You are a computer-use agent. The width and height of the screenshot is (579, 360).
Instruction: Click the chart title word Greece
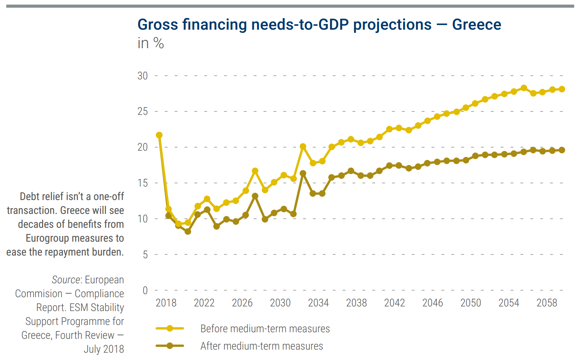[476, 25]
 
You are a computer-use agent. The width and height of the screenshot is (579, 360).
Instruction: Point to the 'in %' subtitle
[150, 43]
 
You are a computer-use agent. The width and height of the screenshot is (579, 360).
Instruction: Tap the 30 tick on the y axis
[143, 76]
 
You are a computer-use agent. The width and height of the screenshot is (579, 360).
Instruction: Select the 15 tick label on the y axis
[143, 183]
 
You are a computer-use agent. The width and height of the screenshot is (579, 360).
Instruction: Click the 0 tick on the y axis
[145, 291]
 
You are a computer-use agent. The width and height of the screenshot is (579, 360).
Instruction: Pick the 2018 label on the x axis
[166, 303]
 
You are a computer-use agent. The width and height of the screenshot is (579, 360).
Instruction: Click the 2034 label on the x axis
[318, 303]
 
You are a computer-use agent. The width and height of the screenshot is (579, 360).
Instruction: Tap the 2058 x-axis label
[547, 303]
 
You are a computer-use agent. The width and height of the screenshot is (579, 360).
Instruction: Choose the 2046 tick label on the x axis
[432, 303]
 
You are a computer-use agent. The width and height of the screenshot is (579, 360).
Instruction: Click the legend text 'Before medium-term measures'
[265, 329]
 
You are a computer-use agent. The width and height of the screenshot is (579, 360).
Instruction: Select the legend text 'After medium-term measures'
[262, 346]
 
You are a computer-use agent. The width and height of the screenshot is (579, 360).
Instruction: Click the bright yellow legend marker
[170, 328]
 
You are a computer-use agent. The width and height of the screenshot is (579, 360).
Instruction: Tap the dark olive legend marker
[170, 346]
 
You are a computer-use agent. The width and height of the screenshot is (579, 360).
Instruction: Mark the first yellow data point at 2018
[159, 135]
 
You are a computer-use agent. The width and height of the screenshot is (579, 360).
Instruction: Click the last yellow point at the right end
[562, 89]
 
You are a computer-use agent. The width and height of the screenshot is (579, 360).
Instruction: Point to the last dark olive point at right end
[562, 150]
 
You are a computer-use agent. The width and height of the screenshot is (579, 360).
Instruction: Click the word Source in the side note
[66, 280]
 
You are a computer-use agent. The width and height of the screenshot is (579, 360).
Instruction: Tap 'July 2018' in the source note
[104, 349]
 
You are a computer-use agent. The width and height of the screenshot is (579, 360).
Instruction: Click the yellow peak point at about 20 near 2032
[303, 146]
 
